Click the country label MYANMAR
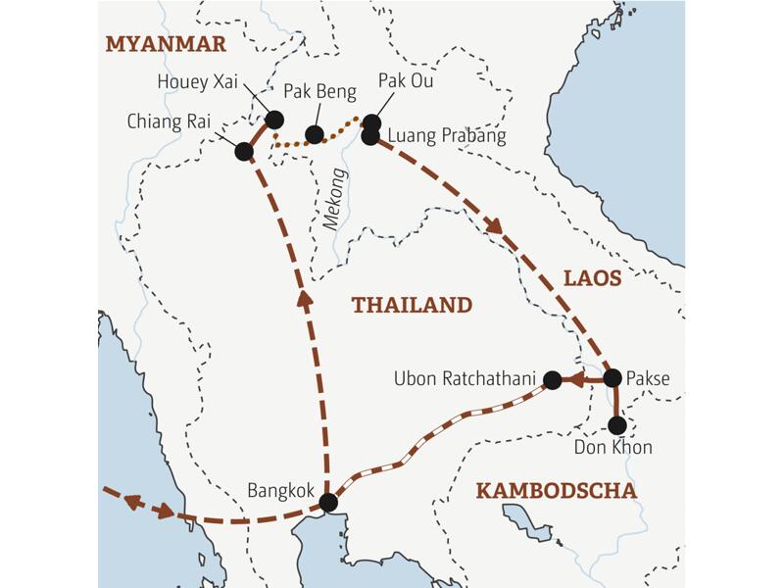(166, 44)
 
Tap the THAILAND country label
(412, 305)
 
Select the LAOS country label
(592, 278)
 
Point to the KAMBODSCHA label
(556, 490)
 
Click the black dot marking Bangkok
(328, 503)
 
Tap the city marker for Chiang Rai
(244, 152)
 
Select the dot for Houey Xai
(274, 120)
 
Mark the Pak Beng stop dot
(315, 134)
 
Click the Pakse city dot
(612, 377)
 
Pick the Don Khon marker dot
(616, 425)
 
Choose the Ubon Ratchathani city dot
(552, 380)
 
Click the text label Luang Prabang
(447, 136)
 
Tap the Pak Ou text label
(405, 81)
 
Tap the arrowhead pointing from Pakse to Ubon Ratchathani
(576, 378)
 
